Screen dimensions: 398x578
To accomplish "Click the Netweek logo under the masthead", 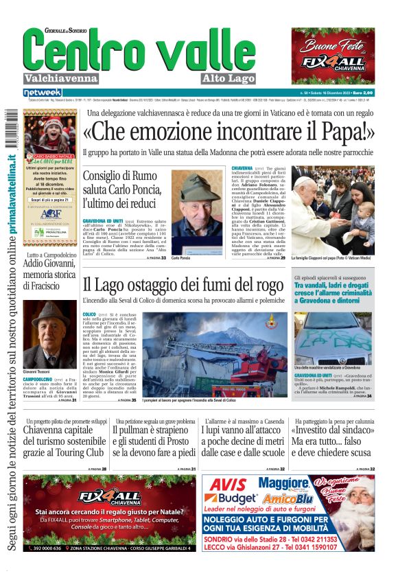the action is [43, 92].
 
